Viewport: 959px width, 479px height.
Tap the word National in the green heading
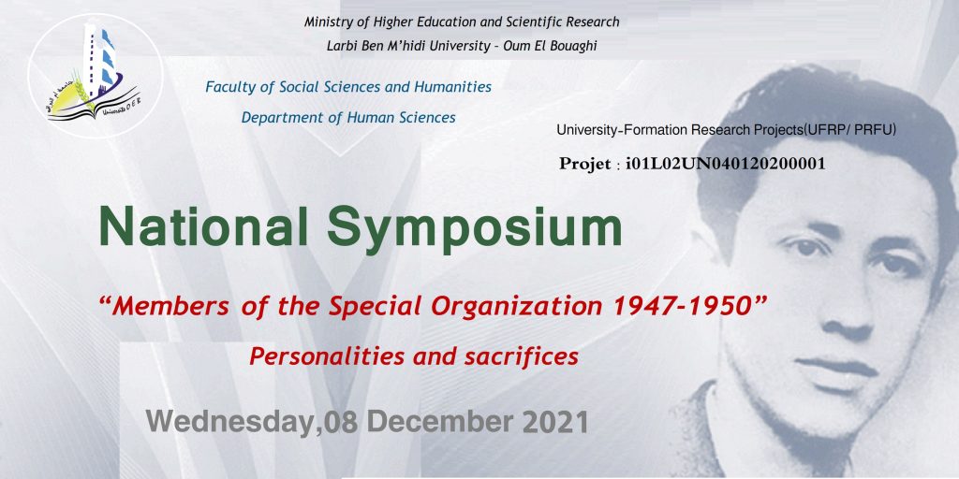pyautogui.click(x=203, y=226)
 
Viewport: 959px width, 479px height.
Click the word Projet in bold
pyautogui.click(x=584, y=165)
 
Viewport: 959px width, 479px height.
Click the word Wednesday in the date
pyautogui.click(x=230, y=422)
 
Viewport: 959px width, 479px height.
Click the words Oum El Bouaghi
pyautogui.click(x=550, y=46)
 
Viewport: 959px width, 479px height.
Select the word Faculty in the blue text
pyautogui.click(x=230, y=87)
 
